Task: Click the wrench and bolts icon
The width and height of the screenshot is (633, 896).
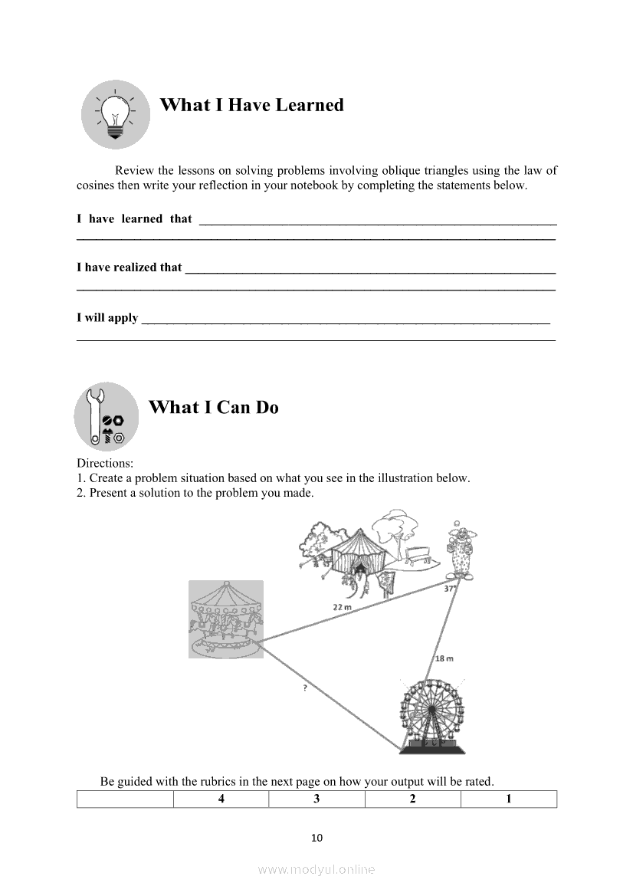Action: pos(107,417)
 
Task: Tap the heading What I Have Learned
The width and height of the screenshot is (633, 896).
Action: pos(251,105)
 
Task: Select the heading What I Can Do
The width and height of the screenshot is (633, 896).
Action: pos(213,407)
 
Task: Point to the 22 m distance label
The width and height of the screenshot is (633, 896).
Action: pos(342,606)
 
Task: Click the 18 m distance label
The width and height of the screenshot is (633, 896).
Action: pos(444,658)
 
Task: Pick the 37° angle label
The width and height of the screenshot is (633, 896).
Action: pos(450,589)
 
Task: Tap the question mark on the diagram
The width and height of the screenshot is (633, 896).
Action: pos(305,689)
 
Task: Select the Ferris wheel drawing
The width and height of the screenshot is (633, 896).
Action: pos(432,714)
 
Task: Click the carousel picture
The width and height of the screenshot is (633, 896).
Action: pos(226,619)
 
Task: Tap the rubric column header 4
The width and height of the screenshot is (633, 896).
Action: pos(221,799)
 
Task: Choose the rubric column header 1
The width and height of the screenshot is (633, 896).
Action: pos(509,799)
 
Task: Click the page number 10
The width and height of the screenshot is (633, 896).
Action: pos(317,837)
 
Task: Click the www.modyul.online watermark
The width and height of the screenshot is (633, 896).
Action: pos(316,869)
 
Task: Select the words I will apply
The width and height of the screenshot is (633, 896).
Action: pos(107,317)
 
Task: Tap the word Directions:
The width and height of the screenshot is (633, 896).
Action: pos(105,463)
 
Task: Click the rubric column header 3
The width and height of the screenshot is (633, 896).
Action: pos(316,799)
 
